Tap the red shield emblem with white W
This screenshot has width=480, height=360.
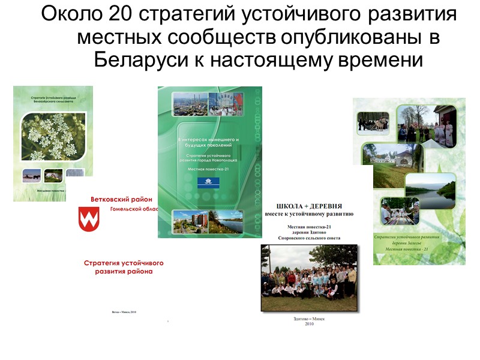tap(89, 220)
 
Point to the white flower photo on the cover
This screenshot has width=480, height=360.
tap(53, 137)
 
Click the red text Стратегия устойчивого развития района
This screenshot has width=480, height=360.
tap(123, 267)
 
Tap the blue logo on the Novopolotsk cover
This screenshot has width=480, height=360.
tap(212, 183)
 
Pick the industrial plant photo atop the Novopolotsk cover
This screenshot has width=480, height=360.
tap(191, 103)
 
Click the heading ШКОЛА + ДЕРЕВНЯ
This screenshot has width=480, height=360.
tap(308, 204)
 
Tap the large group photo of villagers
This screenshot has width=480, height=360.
tap(309, 277)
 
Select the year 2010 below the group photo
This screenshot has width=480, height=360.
tap(309, 324)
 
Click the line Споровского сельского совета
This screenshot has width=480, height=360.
tap(309, 238)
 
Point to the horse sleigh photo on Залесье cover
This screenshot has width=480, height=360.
tap(373, 122)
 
